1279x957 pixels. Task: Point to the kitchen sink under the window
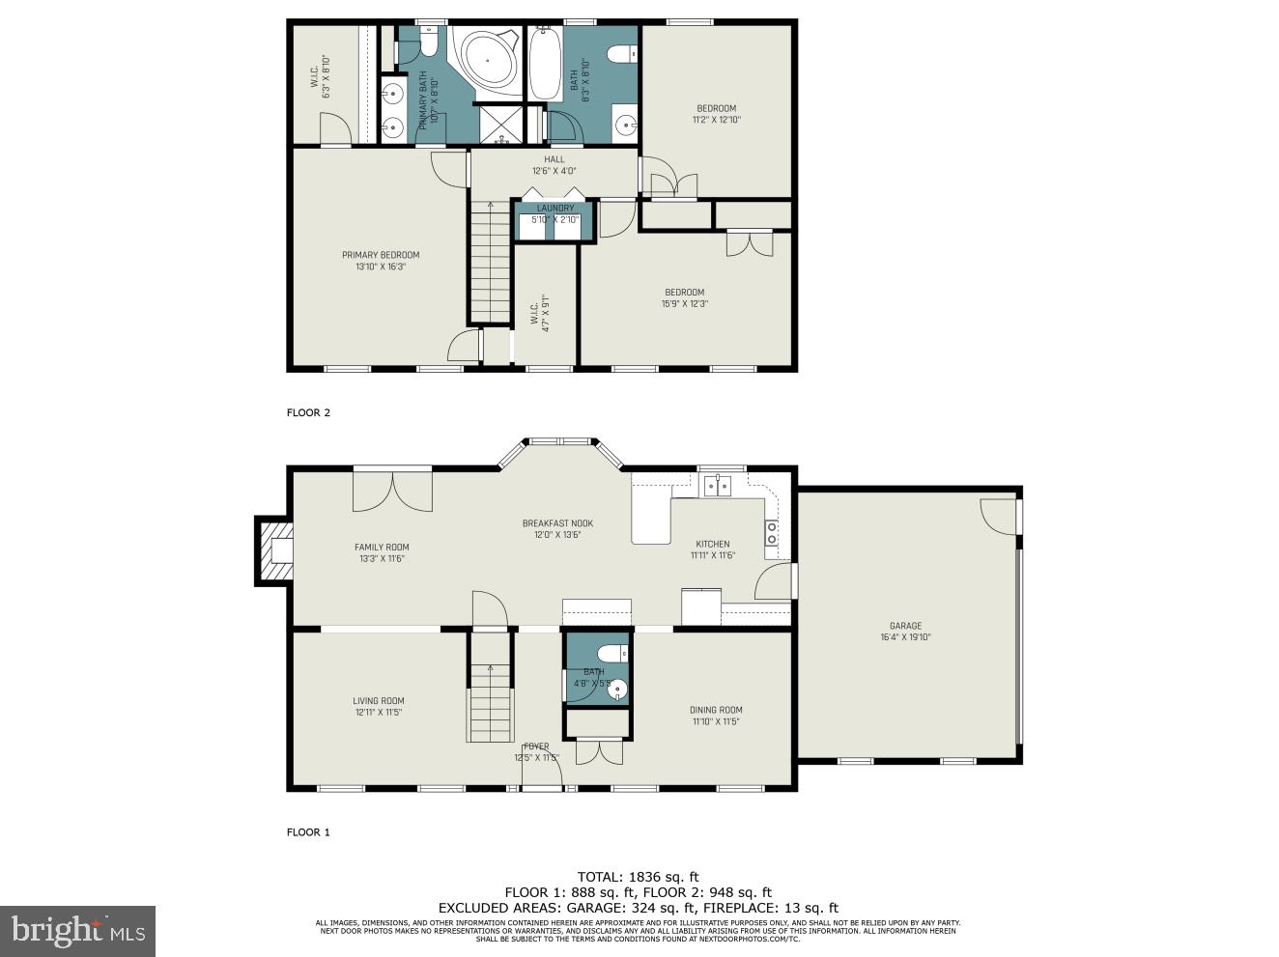pos(717,485)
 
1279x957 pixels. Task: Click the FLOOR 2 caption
pos(308,412)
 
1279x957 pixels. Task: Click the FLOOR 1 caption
pos(308,831)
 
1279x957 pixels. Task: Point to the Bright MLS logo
pos(77,931)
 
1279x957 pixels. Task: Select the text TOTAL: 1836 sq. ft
pos(638,878)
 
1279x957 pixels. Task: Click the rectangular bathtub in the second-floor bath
pos(546,63)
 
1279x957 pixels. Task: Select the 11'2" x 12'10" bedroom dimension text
pos(716,120)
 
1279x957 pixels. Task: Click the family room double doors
pos(392,489)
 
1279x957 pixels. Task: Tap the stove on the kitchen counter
pos(772,528)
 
